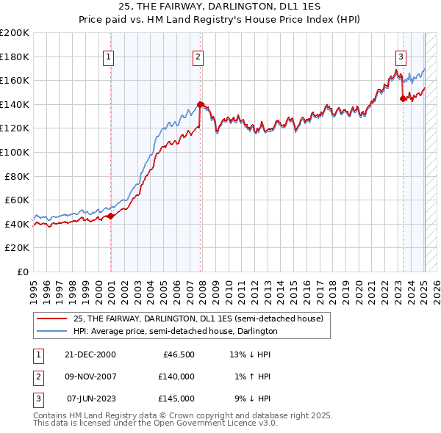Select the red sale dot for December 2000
point(111,216)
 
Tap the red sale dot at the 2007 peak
point(201,104)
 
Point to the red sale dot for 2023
point(403,98)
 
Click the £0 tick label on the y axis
point(22,272)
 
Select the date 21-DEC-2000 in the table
point(90,355)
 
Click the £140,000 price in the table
point(176,376)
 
